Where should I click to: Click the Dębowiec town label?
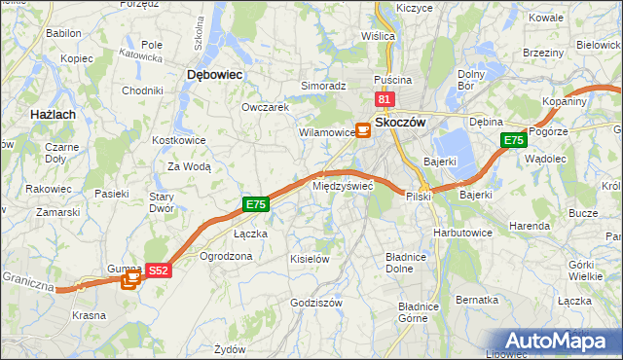[x=214, y=74]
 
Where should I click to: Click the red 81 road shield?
[x=384, y=99]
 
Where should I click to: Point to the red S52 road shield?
[x=160, y=270]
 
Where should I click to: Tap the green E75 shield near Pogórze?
[x=514, y=141]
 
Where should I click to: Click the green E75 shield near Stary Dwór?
[x=255, y=204]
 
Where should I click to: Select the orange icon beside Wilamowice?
[x=362, y=128]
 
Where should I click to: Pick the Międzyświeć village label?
[x=342, y=186]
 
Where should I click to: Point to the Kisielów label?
[x=311, y=259]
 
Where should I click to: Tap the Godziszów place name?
[x=316, y=303]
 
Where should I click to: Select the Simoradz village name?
[x=323, y=86]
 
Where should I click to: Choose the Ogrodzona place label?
[x=226, y=256]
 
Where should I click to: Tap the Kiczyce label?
[x=415, y=8]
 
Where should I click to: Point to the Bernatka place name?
[x=477, y=300]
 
